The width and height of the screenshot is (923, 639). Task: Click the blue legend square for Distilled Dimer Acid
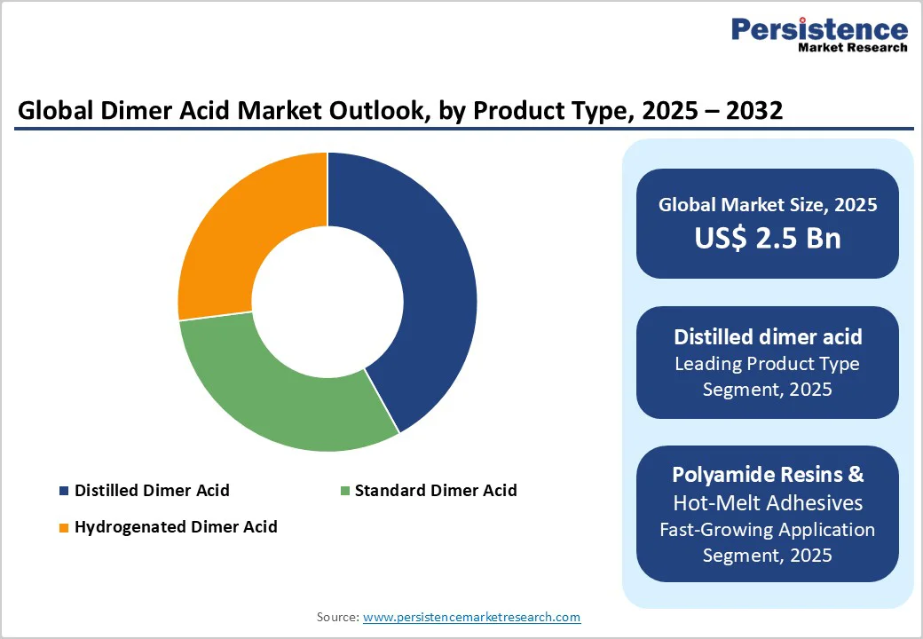click(63, 491)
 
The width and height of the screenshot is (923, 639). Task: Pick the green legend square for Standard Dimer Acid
click(343, 491)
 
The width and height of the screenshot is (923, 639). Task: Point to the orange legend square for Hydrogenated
click(63, 527)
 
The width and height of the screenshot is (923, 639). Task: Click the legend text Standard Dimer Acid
click(435, 491)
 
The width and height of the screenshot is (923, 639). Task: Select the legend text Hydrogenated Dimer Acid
click(176, 527)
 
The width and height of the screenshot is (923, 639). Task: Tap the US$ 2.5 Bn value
click(768, 238)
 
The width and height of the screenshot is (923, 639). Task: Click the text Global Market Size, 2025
click(768, 205)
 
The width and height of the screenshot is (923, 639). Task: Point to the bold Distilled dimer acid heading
click(768, 337)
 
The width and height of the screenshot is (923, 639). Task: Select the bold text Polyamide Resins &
click(768, 474)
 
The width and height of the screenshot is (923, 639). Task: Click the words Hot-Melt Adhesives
click(768, 502)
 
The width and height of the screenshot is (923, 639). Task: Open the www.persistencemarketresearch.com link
click(471, 617)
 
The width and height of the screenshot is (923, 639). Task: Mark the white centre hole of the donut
click(327, 302)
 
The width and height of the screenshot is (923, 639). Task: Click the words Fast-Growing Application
click(768, 530)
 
